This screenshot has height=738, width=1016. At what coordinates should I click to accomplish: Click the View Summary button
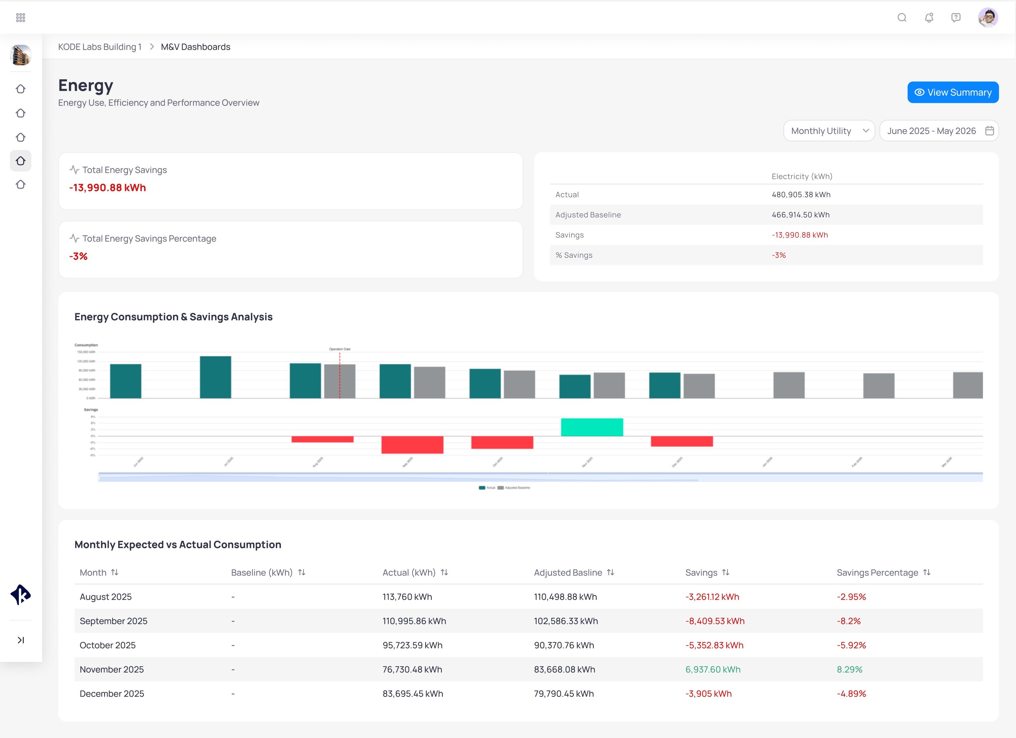952,93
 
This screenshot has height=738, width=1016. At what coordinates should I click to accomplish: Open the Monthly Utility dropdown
829,131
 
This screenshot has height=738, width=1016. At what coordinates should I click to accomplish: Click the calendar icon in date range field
989,131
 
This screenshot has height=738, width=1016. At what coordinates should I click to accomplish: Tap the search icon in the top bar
902,17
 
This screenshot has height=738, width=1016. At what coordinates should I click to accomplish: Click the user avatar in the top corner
987,17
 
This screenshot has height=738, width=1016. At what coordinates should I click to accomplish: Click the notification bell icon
929,17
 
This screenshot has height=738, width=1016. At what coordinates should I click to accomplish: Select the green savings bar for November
592,427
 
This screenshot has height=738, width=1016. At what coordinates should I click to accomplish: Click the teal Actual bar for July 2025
215,377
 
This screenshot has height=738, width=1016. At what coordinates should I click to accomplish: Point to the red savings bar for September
412,444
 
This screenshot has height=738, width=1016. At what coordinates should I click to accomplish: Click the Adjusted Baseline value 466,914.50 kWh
801,215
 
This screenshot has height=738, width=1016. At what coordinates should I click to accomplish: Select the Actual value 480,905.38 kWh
801,194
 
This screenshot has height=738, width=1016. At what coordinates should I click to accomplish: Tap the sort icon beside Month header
115,573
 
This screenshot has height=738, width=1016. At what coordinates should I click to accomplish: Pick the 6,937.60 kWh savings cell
713,669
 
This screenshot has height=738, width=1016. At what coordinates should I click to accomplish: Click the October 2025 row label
108,645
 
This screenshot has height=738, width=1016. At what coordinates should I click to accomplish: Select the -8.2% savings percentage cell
848,621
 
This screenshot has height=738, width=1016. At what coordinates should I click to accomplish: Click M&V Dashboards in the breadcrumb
195,47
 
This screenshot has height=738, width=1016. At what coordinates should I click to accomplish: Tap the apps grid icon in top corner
20,17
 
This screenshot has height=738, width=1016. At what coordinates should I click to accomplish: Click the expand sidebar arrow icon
20,640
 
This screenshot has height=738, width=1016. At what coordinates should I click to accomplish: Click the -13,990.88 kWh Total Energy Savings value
108,188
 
